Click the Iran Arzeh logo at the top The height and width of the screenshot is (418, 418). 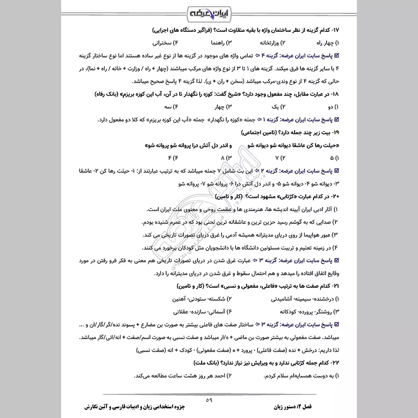point(209,12)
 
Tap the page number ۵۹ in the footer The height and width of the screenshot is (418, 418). point(209,400)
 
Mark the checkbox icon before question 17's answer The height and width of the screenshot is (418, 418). point(336,55)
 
